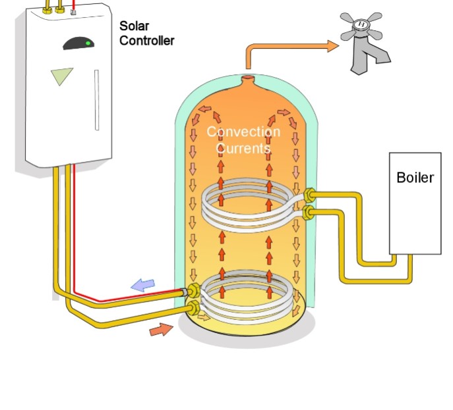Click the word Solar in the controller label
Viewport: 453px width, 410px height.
point(135,26)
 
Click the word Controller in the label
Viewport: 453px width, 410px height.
point(147,41)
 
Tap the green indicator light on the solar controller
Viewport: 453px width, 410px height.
point(88,43)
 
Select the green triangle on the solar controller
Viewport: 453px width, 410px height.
point(61,76)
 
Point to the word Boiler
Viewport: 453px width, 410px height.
point(415,178)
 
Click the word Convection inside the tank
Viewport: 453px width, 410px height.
point(243,132)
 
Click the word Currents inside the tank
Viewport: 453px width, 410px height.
point(243,148)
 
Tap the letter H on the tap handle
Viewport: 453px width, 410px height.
point(361,24)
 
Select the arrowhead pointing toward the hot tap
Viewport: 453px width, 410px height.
point(333,46)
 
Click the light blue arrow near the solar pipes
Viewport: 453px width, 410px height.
point(143,285)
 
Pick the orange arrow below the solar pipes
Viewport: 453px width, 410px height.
point(161,330)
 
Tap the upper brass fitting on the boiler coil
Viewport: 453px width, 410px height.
point(309,195)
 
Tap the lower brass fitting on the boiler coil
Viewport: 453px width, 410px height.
point(309,213)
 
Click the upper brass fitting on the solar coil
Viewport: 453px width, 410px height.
point(194,291)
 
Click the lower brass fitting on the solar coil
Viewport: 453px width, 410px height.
point(193,308)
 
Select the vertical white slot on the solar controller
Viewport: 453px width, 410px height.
point(97,100)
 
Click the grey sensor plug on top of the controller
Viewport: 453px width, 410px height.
point(73,12)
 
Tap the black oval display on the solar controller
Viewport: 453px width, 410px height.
point(78,43)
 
